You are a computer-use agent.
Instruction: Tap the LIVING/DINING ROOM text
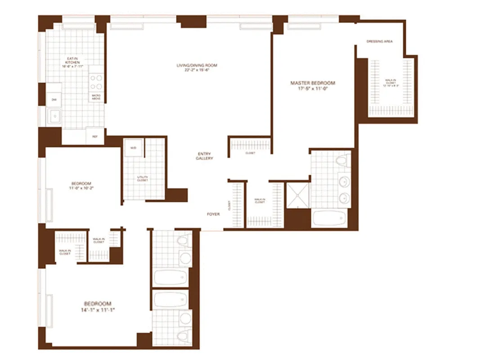tap(197, 66)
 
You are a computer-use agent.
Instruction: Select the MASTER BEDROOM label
tap(313, 83)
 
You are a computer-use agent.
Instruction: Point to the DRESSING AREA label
tap(379, 41)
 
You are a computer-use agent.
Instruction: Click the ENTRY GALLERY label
tap(205, 156)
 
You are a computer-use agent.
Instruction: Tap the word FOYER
tap(213, 214)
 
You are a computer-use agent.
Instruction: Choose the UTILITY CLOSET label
tap(143, 179)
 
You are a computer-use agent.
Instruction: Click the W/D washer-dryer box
tap(134, 148)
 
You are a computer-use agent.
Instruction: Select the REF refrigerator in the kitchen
tap(95, 136)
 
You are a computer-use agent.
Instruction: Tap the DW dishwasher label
tap(54, 99)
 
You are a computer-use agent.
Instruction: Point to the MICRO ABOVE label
tap(96, 97)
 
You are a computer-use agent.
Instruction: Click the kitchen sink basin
tap(55, 117)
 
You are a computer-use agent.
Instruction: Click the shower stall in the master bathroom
tap(297, 195)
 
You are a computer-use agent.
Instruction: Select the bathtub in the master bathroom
tap(329, 219)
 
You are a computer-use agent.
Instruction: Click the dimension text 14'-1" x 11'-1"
tap(98, 310)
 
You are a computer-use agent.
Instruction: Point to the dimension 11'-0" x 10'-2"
tap(81, 189)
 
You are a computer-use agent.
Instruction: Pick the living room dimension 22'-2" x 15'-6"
tap(197, 70)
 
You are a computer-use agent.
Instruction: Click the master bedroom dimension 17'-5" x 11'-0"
tap(313, 89)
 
